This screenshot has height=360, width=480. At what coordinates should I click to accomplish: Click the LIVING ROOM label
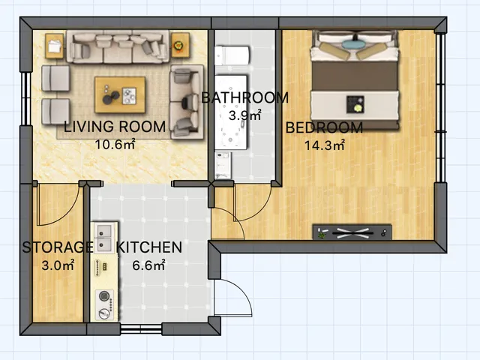tap(115, 127)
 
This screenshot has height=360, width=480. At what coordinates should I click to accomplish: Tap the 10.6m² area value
tap(115, 144)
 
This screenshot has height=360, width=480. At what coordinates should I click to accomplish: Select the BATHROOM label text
tap(245, 97)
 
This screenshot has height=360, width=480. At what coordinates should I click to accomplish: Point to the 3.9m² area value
tap(245, 115)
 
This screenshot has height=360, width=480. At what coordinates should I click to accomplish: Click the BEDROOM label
tap(325, 127)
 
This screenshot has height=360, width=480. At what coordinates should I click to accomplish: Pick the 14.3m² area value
tap(325, 145)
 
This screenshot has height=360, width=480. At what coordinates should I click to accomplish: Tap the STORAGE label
tap(58, 247)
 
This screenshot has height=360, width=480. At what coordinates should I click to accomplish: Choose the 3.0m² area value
tap(58, 265)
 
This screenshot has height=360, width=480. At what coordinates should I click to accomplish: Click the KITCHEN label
tap(149, 247)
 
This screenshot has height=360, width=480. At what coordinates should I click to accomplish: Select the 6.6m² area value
tap(148, 265)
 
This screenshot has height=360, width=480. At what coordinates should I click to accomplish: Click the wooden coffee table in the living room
tap(120, 94)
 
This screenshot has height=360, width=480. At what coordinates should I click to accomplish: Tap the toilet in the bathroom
tap(232, 55)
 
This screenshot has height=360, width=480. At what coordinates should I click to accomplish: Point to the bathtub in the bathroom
tap(230, 112)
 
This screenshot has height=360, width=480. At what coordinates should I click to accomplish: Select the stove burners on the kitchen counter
tap(104, 304)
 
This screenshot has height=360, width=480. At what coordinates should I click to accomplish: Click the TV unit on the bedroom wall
tap(352, 232)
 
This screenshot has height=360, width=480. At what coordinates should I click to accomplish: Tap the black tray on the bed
tap(355, 104)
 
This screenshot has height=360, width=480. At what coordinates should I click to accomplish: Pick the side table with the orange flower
tap(180, 45)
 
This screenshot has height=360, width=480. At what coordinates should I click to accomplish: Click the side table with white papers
tap(55, 46)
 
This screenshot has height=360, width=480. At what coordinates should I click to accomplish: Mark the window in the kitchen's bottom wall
tap(141, 329)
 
